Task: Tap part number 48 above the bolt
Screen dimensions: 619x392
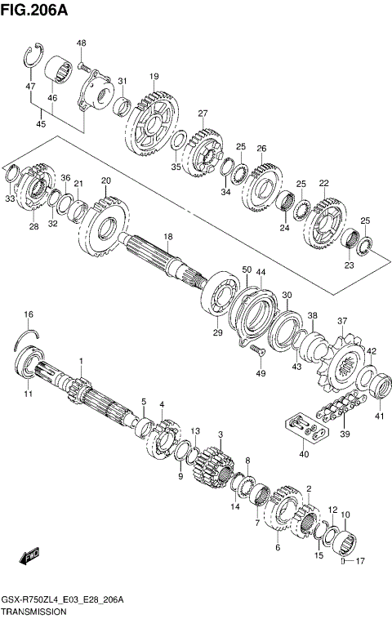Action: click(x=82, y=43)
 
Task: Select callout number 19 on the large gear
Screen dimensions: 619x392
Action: click(x=154, y=77)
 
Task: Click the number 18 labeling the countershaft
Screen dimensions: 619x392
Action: click(x=167, y=237)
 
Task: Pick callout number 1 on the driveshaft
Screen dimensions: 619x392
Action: click(x=81, y=361)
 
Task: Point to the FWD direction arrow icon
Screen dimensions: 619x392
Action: click(x=29, y=556)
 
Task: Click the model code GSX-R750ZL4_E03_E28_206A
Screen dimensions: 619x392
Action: click(x=63, y=599)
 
